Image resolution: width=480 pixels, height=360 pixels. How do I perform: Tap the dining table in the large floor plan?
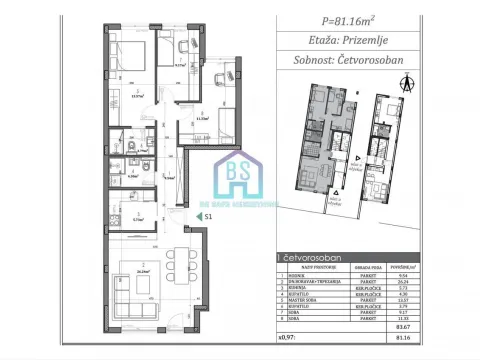(175, 248)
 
